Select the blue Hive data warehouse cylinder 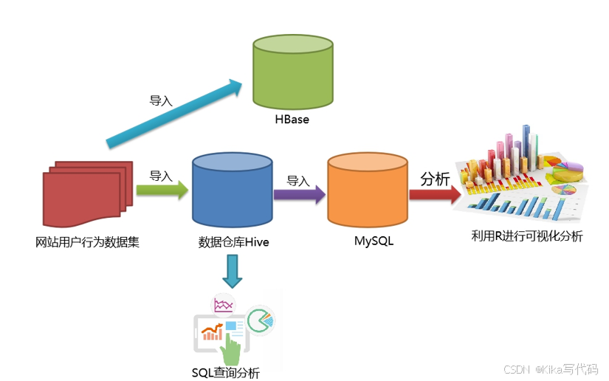coord(232,190)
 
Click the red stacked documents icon coord(85,192)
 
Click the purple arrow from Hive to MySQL coord(299,194)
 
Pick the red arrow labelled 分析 coord(435,194)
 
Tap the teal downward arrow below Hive coord(233,271)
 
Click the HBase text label coord(292,118)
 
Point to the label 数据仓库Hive coord(233,241)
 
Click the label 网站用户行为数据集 coord(87,241)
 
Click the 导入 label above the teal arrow coord(161,100)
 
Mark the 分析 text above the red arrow coord(434,178)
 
